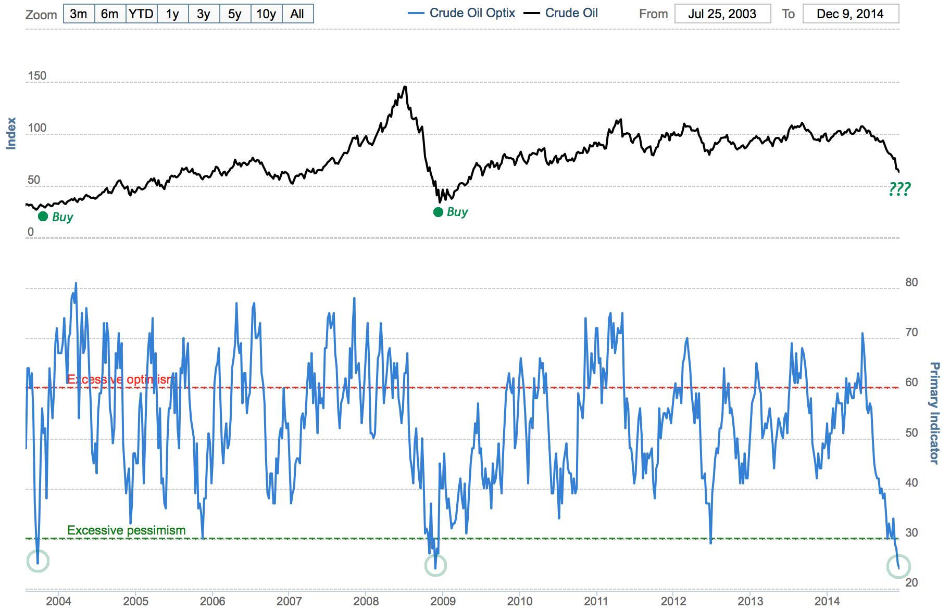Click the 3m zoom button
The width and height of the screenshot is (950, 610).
click(x=79, y=14)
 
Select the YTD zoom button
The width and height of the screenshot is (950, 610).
click(x=141, y=14)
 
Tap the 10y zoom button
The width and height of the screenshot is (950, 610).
click(x=266, y=14)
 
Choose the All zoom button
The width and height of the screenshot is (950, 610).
click(x=297, y=14)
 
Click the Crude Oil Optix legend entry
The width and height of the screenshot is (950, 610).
click(x=462, y=13)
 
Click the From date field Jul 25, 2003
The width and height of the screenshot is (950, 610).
click(x=722, y=14)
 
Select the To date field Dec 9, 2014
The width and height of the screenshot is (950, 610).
click(x=850, y=14)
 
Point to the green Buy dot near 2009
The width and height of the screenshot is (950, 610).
click(x=439, y=212)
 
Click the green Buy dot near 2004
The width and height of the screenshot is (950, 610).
click(x=43, y=216)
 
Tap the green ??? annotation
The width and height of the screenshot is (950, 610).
click(x=899, y=188)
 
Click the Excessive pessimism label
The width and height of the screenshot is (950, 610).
click(x=126, y=530)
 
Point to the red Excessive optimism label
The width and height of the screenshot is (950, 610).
click(x=119, y=379)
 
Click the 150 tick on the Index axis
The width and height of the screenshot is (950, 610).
click(x=37, y=76)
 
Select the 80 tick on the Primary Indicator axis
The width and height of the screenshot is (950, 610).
click(x=911, y=283)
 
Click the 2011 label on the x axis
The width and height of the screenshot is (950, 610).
click(x=596, y=602)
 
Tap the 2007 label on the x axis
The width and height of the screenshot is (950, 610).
click(x=289, y=602)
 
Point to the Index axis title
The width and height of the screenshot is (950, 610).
click(x=11, y=134)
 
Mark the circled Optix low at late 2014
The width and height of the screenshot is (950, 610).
click(x=898, y=567)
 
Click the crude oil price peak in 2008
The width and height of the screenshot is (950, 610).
click(x=405, y=87)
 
